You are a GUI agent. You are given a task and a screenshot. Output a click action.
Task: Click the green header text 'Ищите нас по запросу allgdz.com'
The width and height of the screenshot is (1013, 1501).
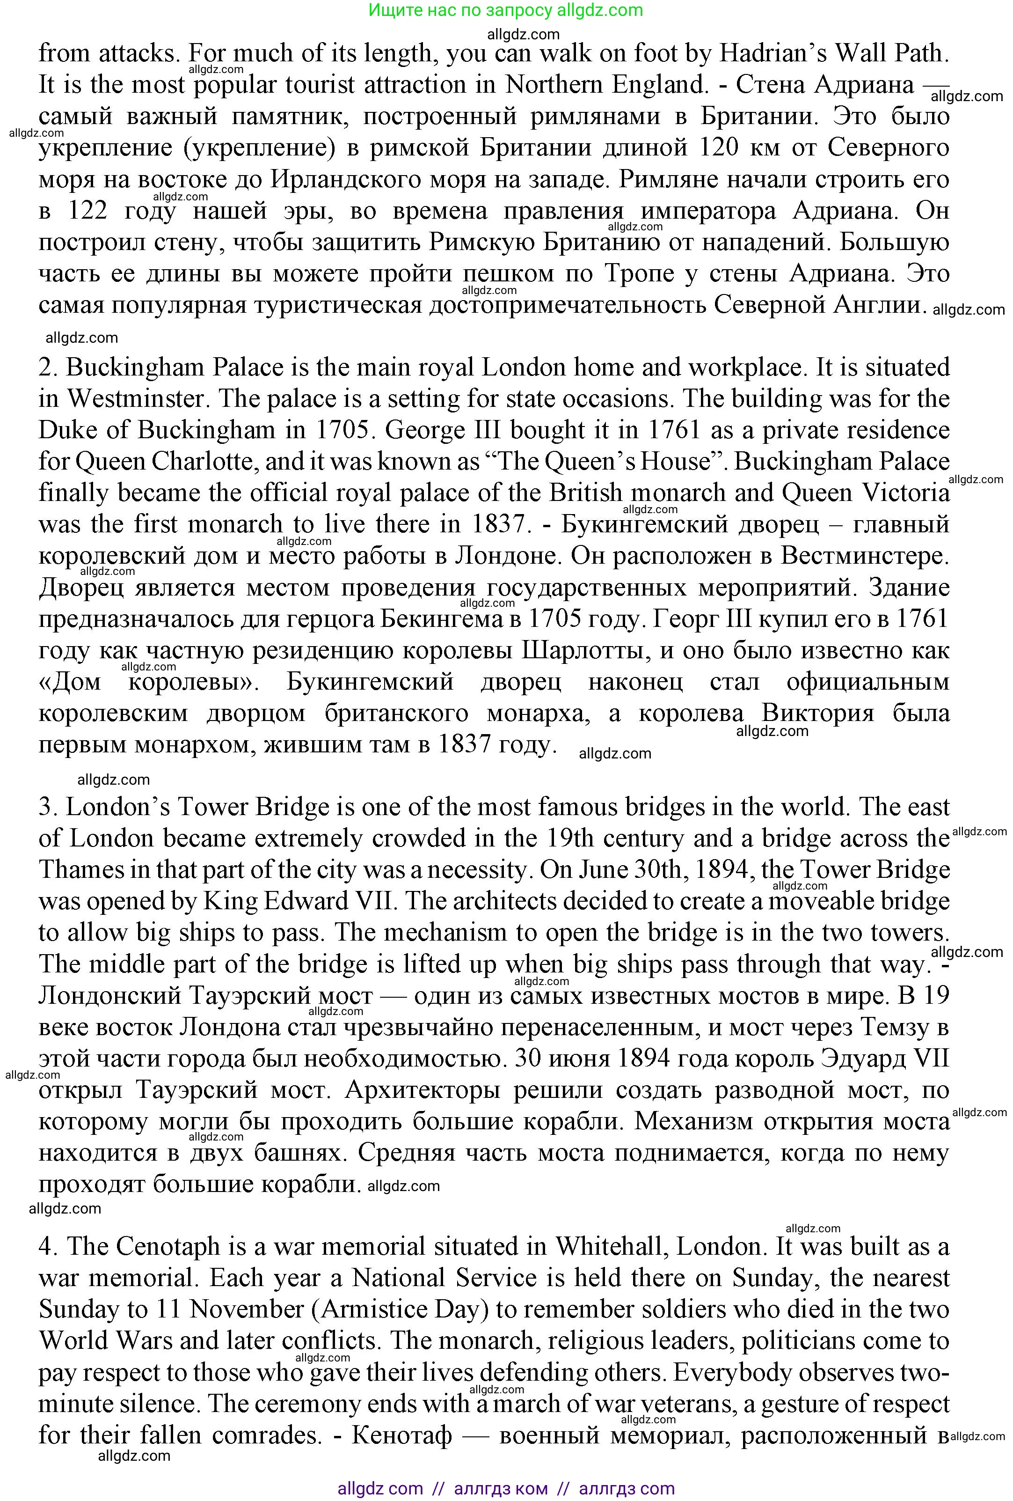(505, 10)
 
